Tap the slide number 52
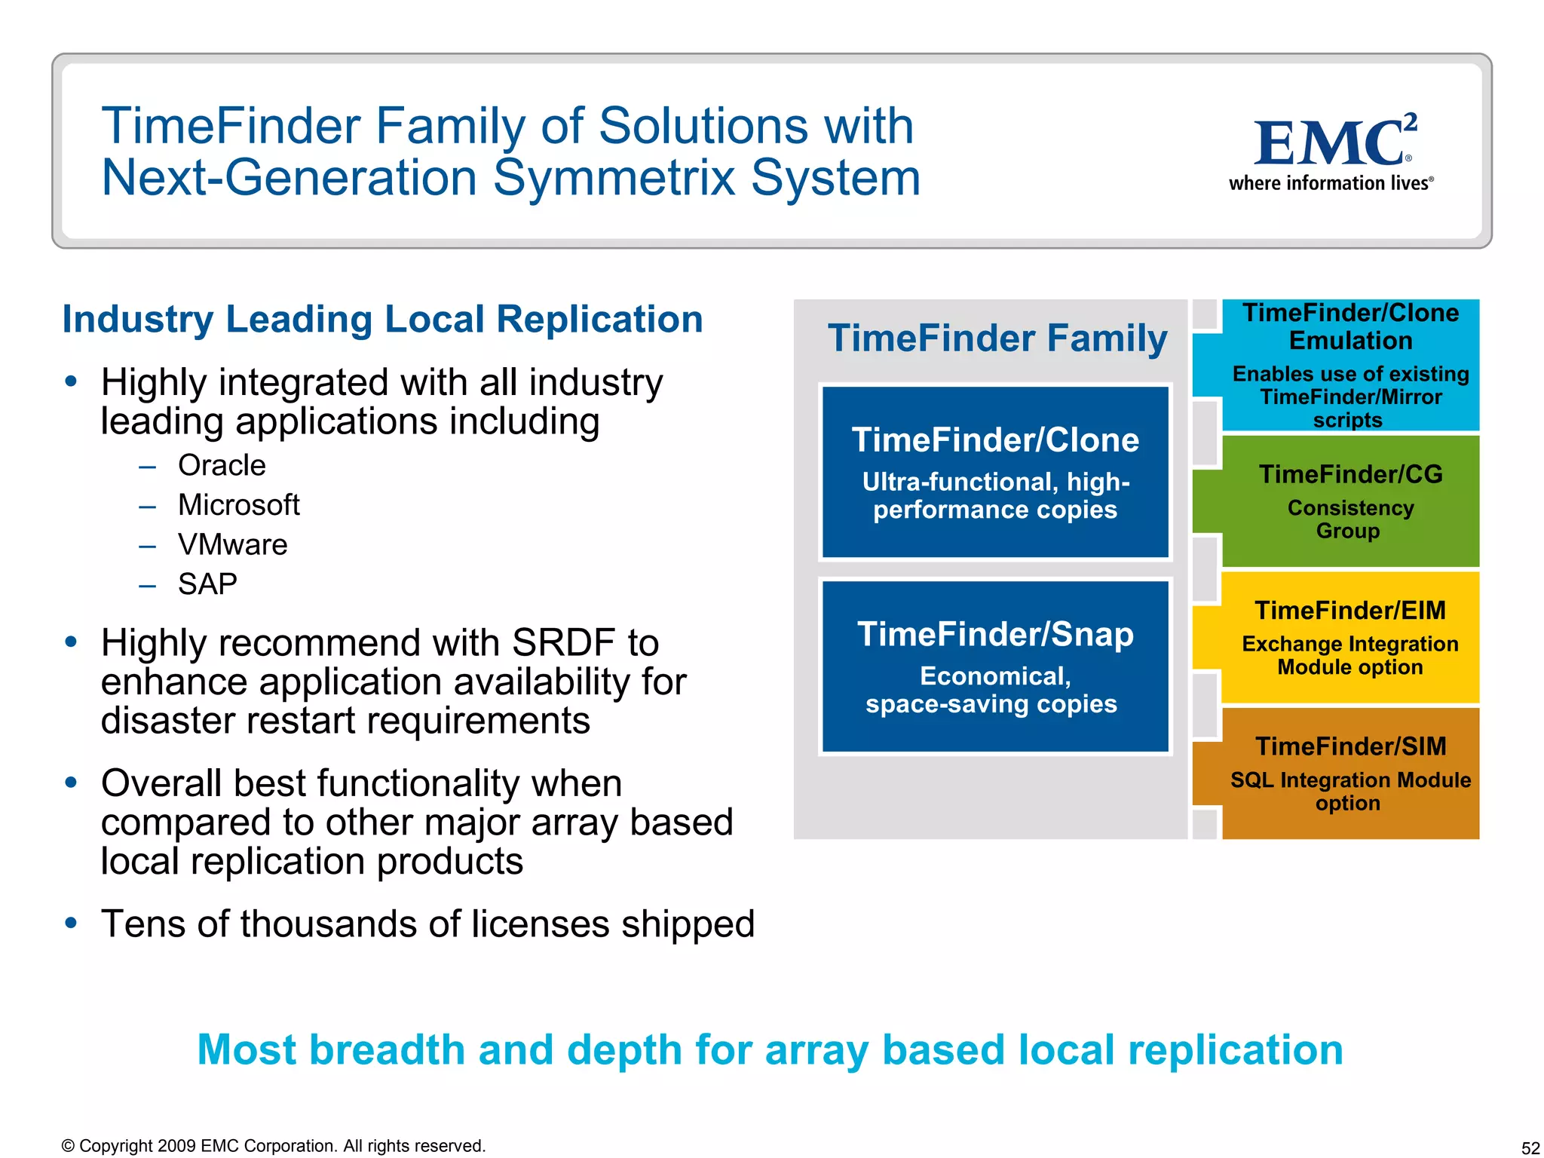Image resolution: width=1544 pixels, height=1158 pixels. point(1530,1147)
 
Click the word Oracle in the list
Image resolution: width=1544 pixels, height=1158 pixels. point(222,465)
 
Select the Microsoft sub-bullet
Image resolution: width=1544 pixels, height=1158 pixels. point(238,504)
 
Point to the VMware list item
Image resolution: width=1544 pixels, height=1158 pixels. point(232,544)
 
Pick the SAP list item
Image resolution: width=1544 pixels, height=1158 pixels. point(207,584)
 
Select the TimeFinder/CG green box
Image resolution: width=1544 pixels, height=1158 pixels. point(1349,501)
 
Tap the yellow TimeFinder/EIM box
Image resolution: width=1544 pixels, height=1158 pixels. point(1349,637)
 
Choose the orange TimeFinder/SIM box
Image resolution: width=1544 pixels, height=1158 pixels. point(1349,773)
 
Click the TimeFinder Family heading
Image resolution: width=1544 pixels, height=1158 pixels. point(997,338)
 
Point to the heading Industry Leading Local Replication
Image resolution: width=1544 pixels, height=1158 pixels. point(382,319)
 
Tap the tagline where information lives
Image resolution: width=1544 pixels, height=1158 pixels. point(1330,183)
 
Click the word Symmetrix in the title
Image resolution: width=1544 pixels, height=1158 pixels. point(614,178)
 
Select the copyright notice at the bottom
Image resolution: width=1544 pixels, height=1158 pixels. point(273,1146)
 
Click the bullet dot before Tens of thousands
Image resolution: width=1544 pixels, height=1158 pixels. point(71,923)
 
